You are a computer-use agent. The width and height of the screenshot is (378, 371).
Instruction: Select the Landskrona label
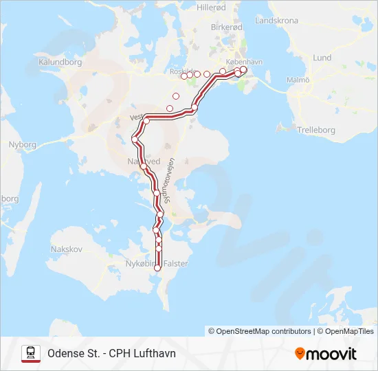[x=276, y=21]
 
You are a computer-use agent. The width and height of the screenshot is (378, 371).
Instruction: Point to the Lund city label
[x=322, y=58]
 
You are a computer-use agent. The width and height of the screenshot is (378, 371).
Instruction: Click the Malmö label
[x=298, y=80]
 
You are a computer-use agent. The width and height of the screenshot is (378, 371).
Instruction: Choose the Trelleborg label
[x=315, y=129]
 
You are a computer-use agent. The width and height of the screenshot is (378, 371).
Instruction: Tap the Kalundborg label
[x=61, y=62]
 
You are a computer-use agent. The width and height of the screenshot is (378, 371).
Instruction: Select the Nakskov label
[x=67, y=248]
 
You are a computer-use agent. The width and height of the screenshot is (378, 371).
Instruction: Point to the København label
[x=245, y=61]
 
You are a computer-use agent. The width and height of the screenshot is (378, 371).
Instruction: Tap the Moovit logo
[x=326, y=354]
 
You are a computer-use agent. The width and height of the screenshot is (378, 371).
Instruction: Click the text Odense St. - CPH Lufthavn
[x=111, y=354]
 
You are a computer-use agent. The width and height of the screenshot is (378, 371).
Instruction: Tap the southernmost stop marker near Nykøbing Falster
[x=159, y=268]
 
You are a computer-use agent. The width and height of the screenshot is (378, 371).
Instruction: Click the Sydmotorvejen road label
[x=168, y=181]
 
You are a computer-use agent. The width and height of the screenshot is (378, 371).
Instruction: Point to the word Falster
[x=177, y=264]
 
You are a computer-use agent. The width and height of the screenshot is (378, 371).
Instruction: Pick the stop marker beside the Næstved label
[x=143, y=166]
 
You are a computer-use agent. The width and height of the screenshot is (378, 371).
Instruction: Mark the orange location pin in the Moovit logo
[x=300, y=353]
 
